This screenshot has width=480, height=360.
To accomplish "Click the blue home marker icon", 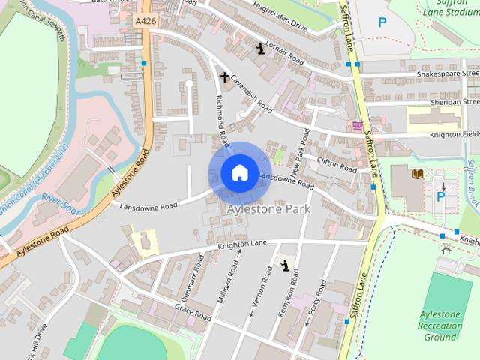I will point(239,173).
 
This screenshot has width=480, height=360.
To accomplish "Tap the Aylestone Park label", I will point(268,210).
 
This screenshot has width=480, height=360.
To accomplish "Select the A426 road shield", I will point(145,22).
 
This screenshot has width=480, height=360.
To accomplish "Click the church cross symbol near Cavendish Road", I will point(223,76).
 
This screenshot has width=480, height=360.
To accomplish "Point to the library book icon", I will point(418,174).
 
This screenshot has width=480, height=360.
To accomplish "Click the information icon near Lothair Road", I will point(260,49).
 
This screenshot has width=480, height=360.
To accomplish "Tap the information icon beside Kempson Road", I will point(285,265).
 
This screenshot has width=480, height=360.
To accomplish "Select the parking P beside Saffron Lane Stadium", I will point(382,23).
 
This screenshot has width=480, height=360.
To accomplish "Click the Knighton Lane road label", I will point(243,244).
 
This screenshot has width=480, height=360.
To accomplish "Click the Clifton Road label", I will point(336,164).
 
